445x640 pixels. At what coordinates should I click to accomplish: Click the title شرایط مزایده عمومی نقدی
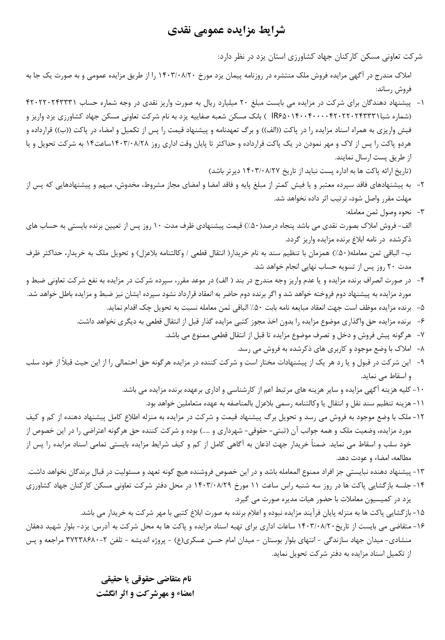point(226,31)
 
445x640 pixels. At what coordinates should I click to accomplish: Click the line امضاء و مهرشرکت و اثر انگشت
point(145,593)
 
